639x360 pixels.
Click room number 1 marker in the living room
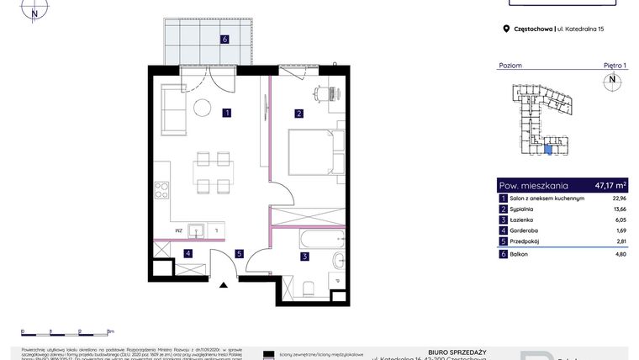(x=227, y=113)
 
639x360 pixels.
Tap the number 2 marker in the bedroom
(x=298, y=113)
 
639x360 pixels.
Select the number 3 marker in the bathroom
(x=305, y=256)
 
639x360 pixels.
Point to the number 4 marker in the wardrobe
(x=189, y=253)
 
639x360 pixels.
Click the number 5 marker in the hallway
(x=239, y=253)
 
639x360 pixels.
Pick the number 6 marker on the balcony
(x=224, y=39)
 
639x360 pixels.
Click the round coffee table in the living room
(x=203, y=107)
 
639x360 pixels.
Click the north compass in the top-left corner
(x=34, y=12)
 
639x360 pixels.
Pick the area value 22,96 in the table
(x=619, y=197)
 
